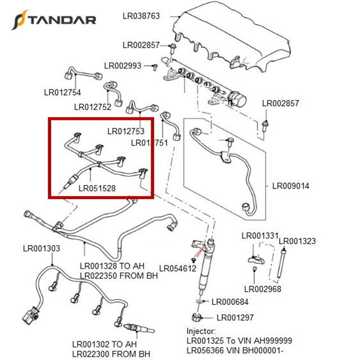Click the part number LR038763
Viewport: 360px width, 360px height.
(x=141, y=16)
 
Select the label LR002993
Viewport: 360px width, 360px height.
(x=123, y=66)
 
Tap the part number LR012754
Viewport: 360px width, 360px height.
(x=62, y=93)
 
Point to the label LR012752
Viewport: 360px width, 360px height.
(x=93, y=106)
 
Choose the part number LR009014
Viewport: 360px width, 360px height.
(x=291, y=186)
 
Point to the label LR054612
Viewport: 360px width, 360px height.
(x=178, y=268)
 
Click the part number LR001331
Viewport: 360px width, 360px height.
(x=260, y=236)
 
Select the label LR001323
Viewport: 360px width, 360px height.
(x=298, y=241)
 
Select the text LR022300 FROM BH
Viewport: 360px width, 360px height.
(x=111, y=354)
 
